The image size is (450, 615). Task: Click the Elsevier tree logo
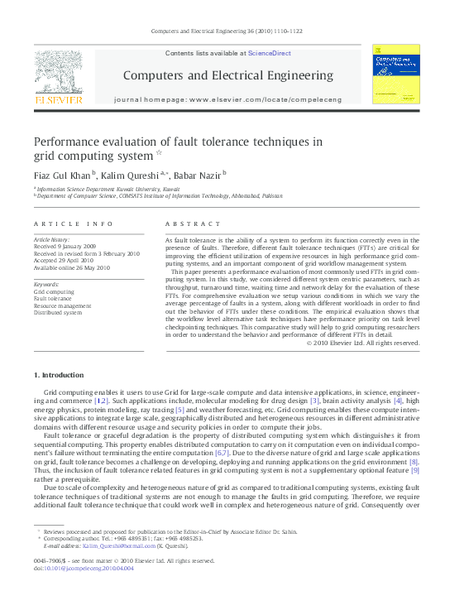click(x=58, y=75)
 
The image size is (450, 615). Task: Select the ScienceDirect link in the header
click(x=269, y=52)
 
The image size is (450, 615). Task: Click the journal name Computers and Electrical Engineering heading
click(x=227, y=75)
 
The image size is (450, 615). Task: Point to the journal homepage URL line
click(x=227, y=99)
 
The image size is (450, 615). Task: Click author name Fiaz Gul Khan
click(x=62, y=175)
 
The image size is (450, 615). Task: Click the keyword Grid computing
click(x=53, y=292)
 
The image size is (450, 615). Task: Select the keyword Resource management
click(x=63, y=306)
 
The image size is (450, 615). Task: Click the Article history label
click(x=52, y=239)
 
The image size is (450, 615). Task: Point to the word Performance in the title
click(x=69, y=141)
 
